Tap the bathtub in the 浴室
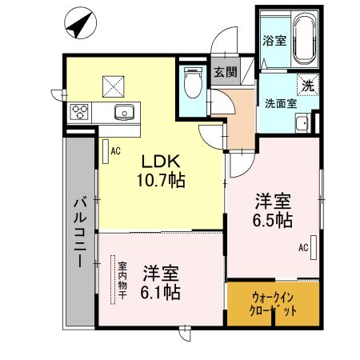coord(304,38)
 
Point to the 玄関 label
coord(225,73)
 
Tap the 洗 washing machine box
coord(307,84)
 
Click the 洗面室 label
coord(281,103)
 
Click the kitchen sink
coord(123,111)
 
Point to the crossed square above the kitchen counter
coord(112,83)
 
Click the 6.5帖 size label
coord(273,220)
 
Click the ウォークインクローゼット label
coord(274,303)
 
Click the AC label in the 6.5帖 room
coord(303,248)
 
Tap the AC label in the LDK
coord(115,150)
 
